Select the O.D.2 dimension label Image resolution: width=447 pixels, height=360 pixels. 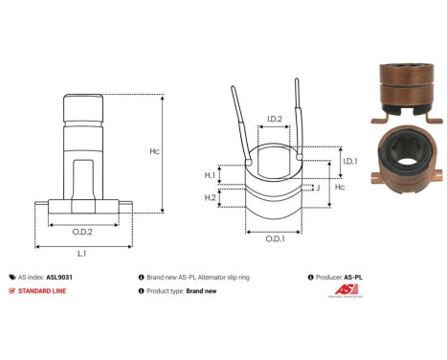(82, 231)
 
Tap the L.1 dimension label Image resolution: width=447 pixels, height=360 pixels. (82, 253)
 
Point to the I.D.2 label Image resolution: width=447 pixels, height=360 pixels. (274, 120)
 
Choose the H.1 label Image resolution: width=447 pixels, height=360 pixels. (211, 175)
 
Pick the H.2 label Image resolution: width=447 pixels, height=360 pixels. (211, 196)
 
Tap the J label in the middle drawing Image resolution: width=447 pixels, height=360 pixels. (317, 188)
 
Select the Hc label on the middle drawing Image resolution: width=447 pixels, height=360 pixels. (350, 190)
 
